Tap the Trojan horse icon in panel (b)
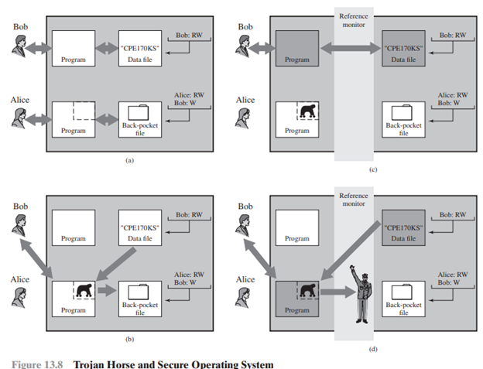tap(84, 291)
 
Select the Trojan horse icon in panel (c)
tap(308, 114)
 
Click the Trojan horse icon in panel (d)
tap(308, 291)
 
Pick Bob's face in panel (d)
tap(245, 221)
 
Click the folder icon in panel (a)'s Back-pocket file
tap(139, 114)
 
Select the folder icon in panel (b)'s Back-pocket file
tap(139, 292)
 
